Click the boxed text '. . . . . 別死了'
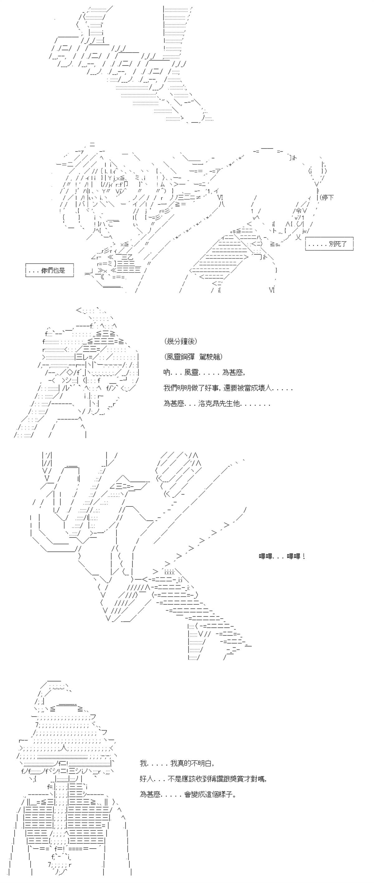tap(329, 244)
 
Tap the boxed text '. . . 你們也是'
tap(49, 270)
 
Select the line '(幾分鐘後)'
tap(181, 341)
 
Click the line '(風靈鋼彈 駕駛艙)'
tap(193, 357)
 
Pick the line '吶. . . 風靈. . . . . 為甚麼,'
tap(204, 372)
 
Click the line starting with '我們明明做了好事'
tap(228, 388)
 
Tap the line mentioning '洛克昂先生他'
tap(217, 404)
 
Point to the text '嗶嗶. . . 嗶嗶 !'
tap(281, 557)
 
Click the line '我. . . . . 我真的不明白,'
tap(177, 763)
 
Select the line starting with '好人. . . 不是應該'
tap(203, 779)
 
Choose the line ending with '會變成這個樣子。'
tap(188, 794)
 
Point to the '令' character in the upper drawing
tap(298, 211)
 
